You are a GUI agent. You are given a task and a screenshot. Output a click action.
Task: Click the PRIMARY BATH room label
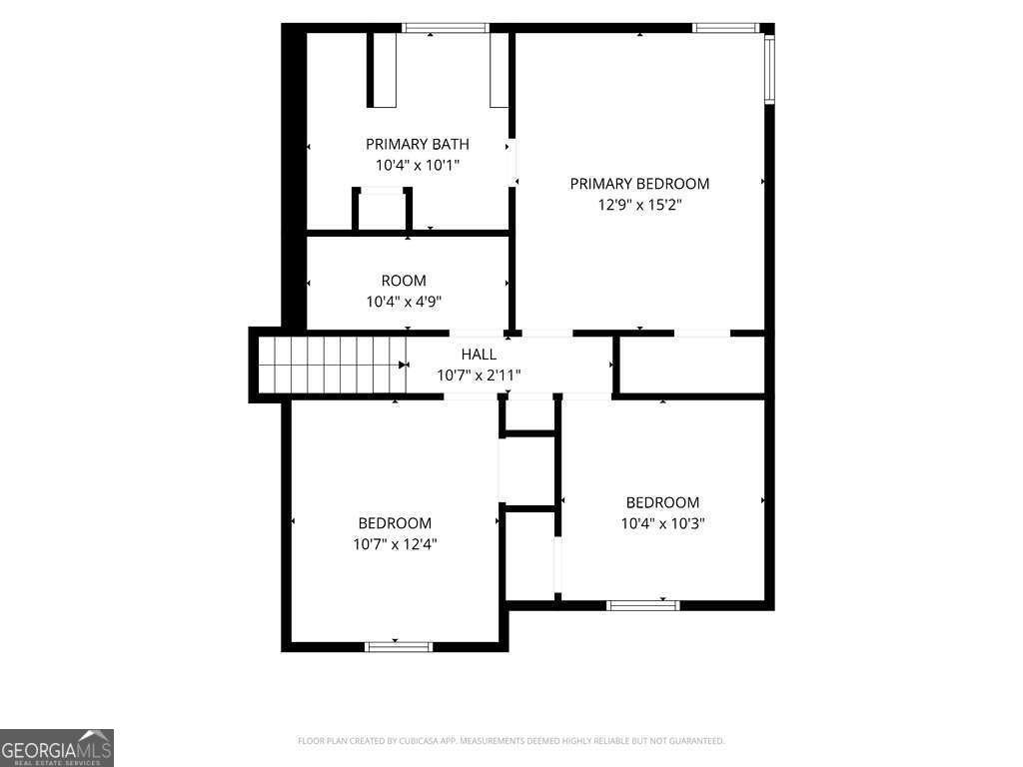pyautogui.click(x=417, y=144)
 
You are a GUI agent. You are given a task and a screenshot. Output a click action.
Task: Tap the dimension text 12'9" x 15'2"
pyautogui.click(x=639, y=205)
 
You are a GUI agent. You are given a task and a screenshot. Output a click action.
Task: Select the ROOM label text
pyautogui.click(x=404, y=281)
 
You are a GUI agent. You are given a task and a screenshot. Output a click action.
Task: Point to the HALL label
pyautogui.click(x=479, y=355)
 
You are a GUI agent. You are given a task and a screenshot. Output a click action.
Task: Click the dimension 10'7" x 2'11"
pyautogui.click(x=479, y=376)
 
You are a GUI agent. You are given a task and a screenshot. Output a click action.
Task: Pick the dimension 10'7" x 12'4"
pyautogui.click(x=395, y=544)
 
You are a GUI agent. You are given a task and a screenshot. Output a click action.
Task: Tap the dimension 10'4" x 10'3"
pyautogui.click(x=663, y=523)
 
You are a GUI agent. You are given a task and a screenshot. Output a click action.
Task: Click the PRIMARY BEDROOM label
pyautogui.click(x=639, y=184)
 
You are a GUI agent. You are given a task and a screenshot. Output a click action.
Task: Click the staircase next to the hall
pyautogui.click(x=333, y=365)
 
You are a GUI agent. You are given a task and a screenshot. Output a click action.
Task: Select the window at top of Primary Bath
pyautogui.click(x=446, y=27)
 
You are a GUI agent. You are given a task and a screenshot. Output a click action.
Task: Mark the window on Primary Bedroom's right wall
pyautogui.click(x=769, y=70)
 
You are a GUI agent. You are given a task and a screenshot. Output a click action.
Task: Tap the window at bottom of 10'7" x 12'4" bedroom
pyautogui.click(x=398, y=647)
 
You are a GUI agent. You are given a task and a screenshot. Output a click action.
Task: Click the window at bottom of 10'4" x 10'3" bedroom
pyautogui.click(x=642, y=606)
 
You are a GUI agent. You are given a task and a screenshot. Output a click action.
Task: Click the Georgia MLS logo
pyautogui.click(x=57, y=748)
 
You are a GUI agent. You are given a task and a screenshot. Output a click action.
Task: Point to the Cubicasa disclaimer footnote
pyautogui.click(x=511, y=741)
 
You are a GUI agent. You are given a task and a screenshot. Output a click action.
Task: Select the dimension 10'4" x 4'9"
pyautogui.click(x=404, y=302)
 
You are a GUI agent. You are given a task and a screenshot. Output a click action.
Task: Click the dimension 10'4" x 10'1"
pyautogui.click(x=418, y=165)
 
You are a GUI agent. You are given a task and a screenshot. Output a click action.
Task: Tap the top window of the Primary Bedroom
pyautogui.click(x=725, y=27)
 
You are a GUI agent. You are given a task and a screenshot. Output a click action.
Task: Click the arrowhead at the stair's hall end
pyautogui.click(x=403, y=365)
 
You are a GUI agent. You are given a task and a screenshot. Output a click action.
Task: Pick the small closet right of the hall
pyautogui.click(x=691, y=366)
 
